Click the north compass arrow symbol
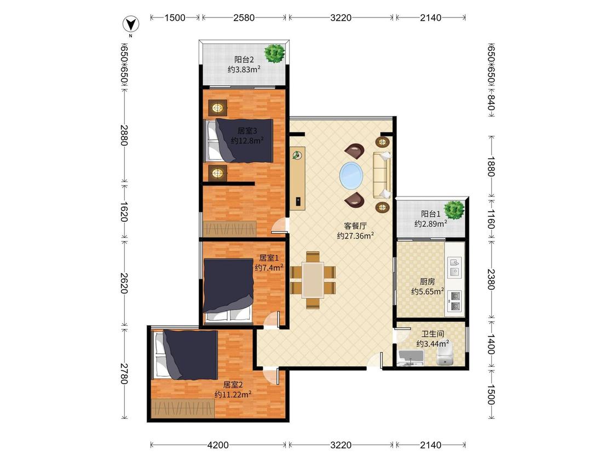(131, 25)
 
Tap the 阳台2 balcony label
(244, 60)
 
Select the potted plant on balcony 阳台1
(454, 210)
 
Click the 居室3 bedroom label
(247, 130)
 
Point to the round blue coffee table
(352, 176)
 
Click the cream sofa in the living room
(382, 175)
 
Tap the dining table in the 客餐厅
(313, 280)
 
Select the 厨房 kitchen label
(428, 282)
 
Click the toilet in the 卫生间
(445, 354)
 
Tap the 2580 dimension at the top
(244, 18)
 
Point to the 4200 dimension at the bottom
(218, 444)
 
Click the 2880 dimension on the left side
(124, 135)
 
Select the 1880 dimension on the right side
(491, 166)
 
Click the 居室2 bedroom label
(233, 385)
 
